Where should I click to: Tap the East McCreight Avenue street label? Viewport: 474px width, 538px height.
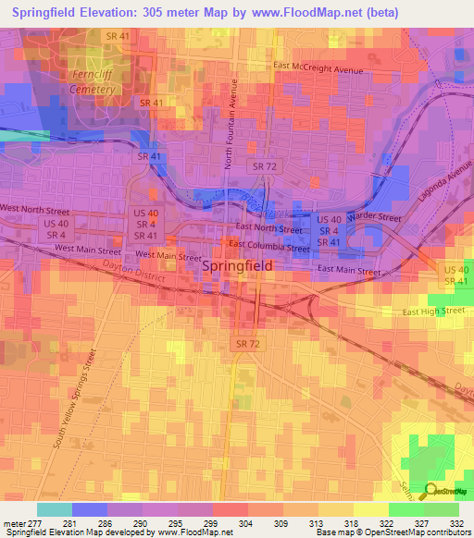click(321, 67)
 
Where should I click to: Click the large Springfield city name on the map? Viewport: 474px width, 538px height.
click(237, 265)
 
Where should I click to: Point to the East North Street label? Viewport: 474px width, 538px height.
click(268, 228)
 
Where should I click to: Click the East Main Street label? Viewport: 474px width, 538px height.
click(349, 271)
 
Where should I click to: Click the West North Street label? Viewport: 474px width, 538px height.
click(36, 208)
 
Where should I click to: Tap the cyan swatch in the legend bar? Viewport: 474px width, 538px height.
click(55, 509)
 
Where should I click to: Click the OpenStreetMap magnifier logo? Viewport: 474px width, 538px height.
click(430, 492)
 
